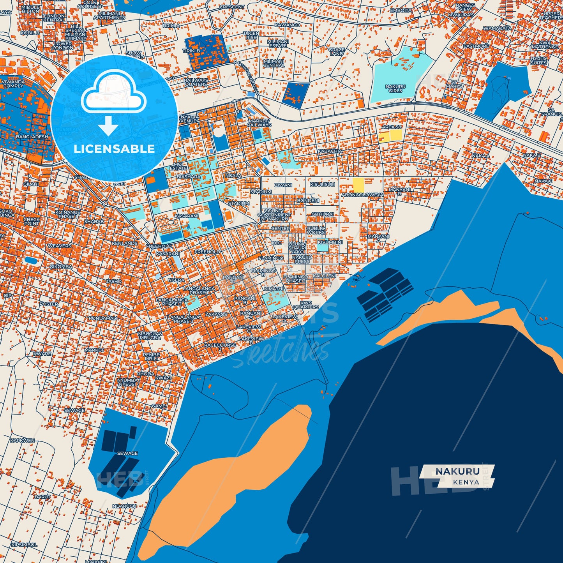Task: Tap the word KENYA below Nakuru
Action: point(466,482)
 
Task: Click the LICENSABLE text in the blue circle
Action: point(114,148)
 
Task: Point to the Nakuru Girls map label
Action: point(395,88)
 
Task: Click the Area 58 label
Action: point(391,127)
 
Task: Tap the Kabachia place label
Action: point(330,151)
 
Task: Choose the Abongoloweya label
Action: point(362,195)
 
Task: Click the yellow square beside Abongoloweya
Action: point(358,185)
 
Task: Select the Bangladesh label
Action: point(32,137)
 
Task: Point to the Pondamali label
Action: point(102,318)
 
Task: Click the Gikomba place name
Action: point(61,266)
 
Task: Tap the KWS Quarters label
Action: point(306,305)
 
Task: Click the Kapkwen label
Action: point(22,441)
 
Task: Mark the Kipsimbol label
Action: point(24,545)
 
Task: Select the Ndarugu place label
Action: point(124,506)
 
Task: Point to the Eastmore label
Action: point(476,46)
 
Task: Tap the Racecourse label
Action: point(220,346)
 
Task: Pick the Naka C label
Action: point(543,181)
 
